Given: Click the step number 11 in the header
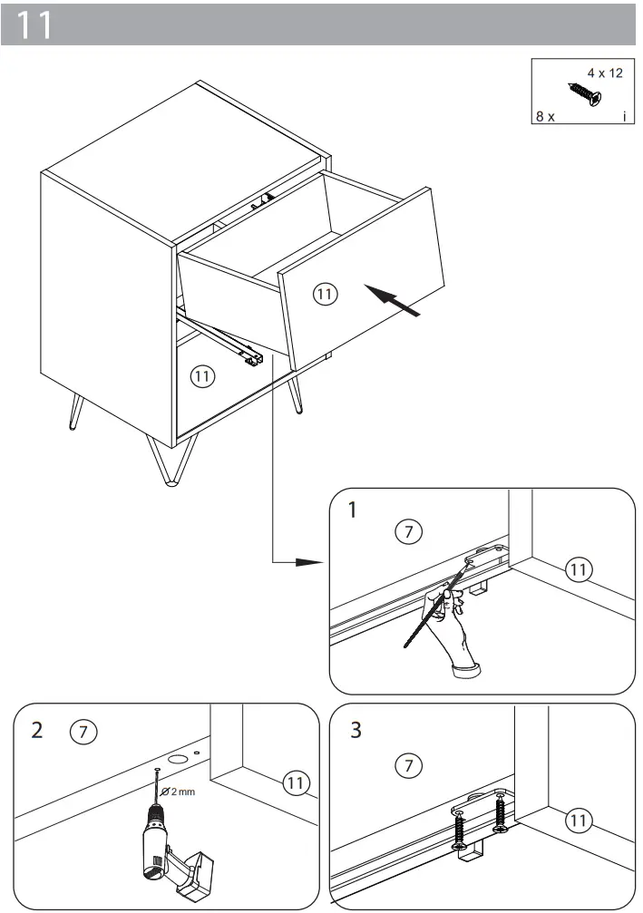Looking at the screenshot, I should [35, 25].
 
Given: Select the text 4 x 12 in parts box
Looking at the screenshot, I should [605, 73].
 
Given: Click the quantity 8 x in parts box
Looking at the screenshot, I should [545, 118].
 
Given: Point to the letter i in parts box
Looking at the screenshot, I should [625, 118].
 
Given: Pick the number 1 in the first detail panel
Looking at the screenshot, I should [353, 510].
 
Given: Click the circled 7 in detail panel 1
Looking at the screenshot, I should [409, 532].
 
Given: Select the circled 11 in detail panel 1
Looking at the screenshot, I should [578, 569].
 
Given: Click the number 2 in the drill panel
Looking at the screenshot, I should [36, 731].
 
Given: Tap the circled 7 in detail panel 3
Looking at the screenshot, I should [409, 766].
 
